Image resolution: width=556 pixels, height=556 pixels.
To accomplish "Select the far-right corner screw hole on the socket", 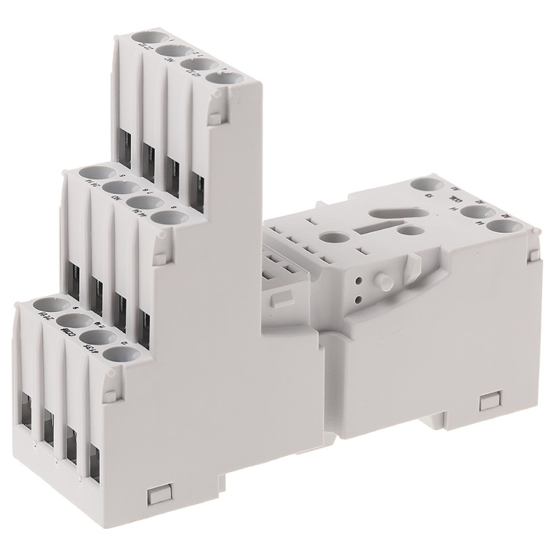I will click(x=516, y=227).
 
